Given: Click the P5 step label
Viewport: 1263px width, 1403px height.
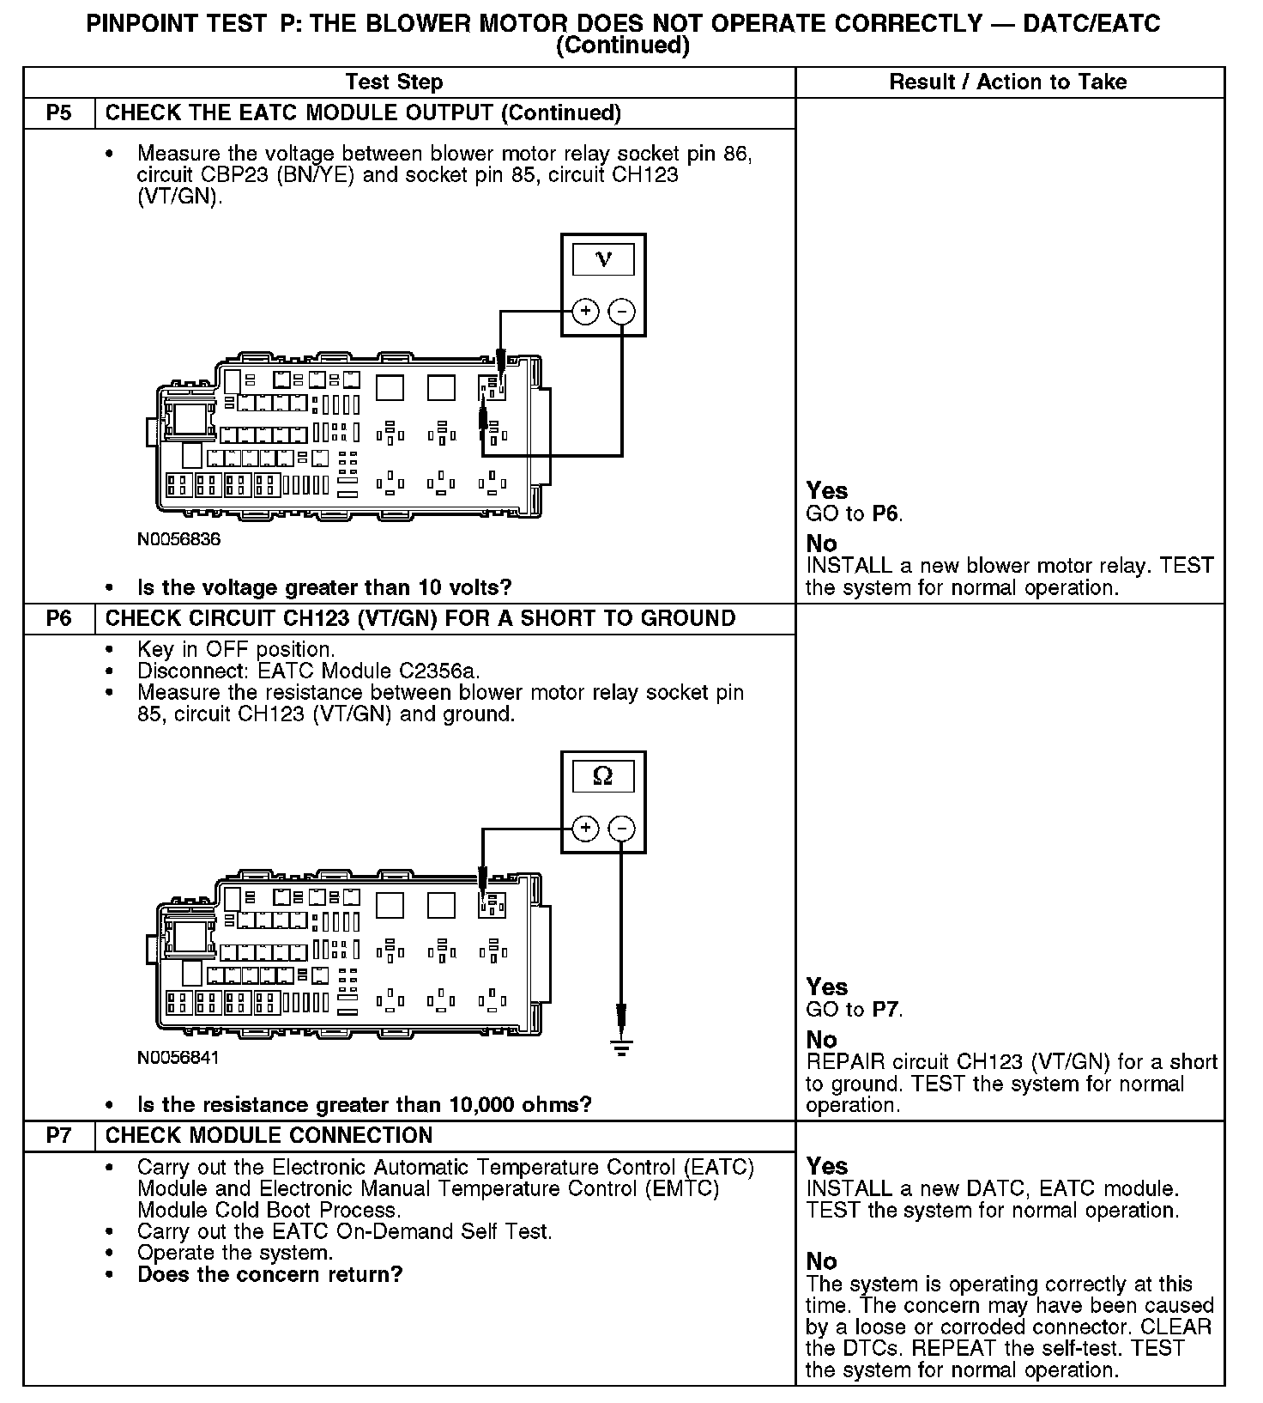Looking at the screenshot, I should (x=58, y=113).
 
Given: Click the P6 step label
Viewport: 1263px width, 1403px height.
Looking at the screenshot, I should (x=58, y=619).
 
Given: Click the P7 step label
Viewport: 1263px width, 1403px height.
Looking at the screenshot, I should (x=58, y=1136).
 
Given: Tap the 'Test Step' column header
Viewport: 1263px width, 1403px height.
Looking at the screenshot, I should (x=394, y=82).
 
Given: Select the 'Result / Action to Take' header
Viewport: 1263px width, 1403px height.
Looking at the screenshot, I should (x=1007, y=82).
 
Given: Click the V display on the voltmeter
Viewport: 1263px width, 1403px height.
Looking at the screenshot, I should (x=603, y=259).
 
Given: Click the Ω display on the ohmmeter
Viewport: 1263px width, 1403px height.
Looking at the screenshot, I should (x=603, y=777).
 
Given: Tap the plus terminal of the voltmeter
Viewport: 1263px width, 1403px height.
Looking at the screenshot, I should (x=585, y=311).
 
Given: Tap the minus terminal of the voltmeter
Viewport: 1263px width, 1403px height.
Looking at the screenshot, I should (x=622, y=311).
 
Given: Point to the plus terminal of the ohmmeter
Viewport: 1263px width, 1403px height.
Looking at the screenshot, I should (x=585, y=829).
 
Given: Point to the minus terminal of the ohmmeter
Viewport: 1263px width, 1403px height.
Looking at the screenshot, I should (x=622, y=829).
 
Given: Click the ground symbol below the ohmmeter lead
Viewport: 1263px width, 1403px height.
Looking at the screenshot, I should (x=622, y=1046).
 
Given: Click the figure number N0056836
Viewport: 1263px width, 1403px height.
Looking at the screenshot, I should (x=178, y=540).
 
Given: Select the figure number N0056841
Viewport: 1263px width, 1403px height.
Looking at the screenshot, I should (x=178, y=1058).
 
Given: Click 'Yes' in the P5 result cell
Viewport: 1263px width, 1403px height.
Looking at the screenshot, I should (x=826, y=491).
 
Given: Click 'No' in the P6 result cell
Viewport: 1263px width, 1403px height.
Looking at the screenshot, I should (x=821, y=1040).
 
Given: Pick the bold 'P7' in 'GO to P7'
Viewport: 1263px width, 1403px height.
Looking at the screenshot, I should (x=885, y=1010).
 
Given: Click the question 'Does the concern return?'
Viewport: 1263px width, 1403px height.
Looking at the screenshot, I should (x=269, y=1274).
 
